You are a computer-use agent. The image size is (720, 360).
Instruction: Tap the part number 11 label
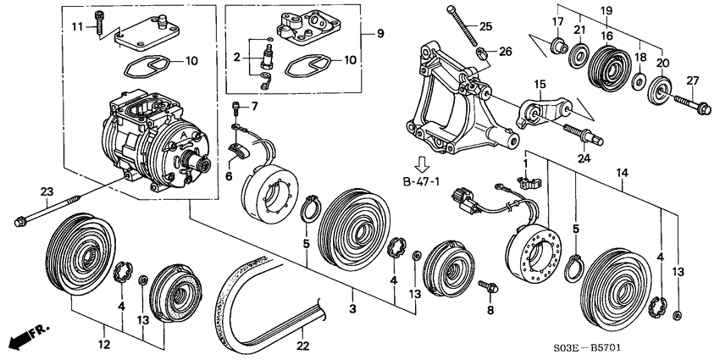tap(78, 27)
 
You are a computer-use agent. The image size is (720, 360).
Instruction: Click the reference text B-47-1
tap(421, 182)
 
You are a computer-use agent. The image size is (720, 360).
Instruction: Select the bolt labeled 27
tap(692, 105)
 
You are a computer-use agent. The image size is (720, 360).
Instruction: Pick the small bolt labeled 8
tap(489, 287)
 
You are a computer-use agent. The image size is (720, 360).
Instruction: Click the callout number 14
tap(622, 173)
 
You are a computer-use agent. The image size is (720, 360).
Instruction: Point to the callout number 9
tap(380, 34)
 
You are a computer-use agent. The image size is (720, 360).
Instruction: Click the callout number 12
tap(104, 344)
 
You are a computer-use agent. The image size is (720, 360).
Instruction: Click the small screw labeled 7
tap(236, 108)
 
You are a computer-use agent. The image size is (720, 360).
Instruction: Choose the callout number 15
tap(540, 85)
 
